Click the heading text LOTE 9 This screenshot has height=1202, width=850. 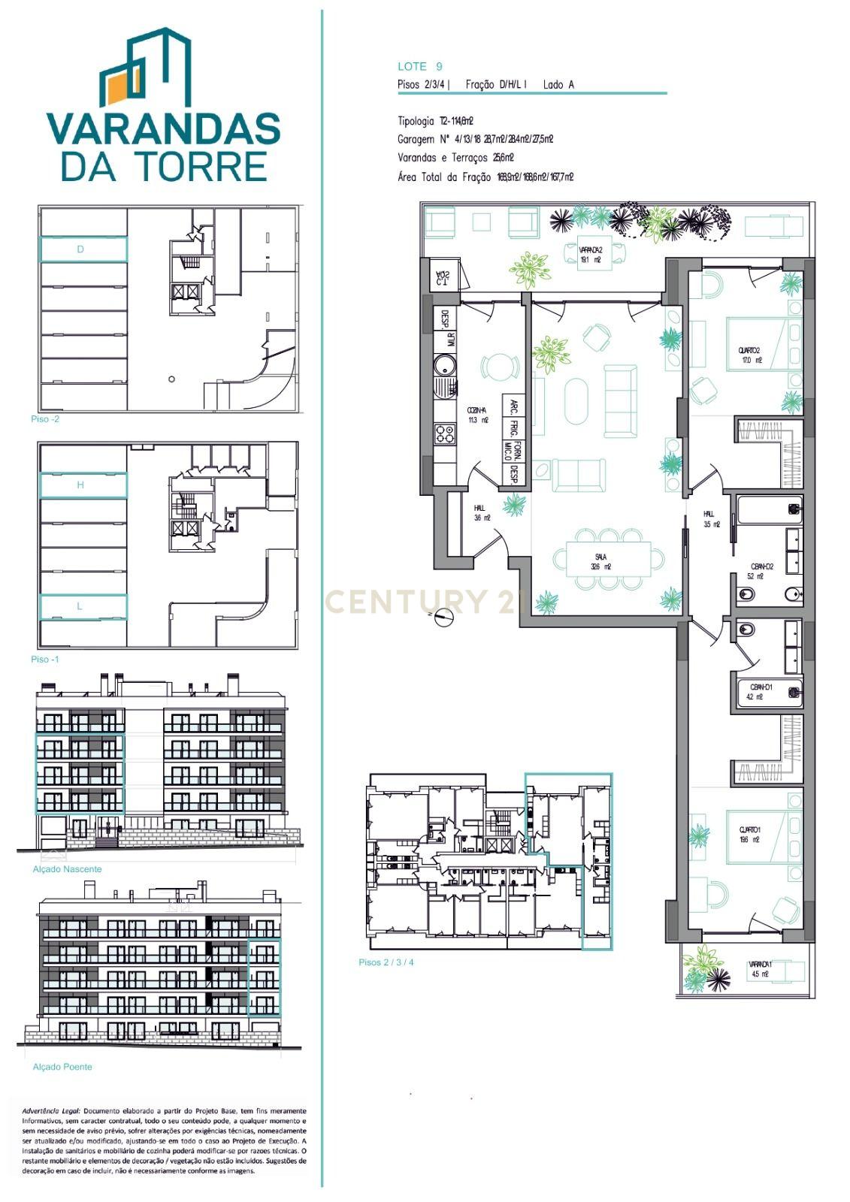[419, 66]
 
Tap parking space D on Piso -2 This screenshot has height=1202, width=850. [82, 249]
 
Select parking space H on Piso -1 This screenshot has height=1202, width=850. [82, 485]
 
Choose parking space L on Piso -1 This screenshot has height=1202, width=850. [82, 606]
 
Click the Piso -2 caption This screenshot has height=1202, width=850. [45, 419]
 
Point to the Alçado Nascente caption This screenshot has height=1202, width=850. [67, 869]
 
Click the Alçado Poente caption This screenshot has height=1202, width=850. [62, 1067]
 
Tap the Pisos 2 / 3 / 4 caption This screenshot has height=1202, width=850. [386, 962]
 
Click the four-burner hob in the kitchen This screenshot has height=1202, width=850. [446, 433]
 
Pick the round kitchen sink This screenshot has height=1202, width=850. [446, 367]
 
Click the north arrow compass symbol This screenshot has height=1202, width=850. [444, 618]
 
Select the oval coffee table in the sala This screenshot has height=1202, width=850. [577, 400]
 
